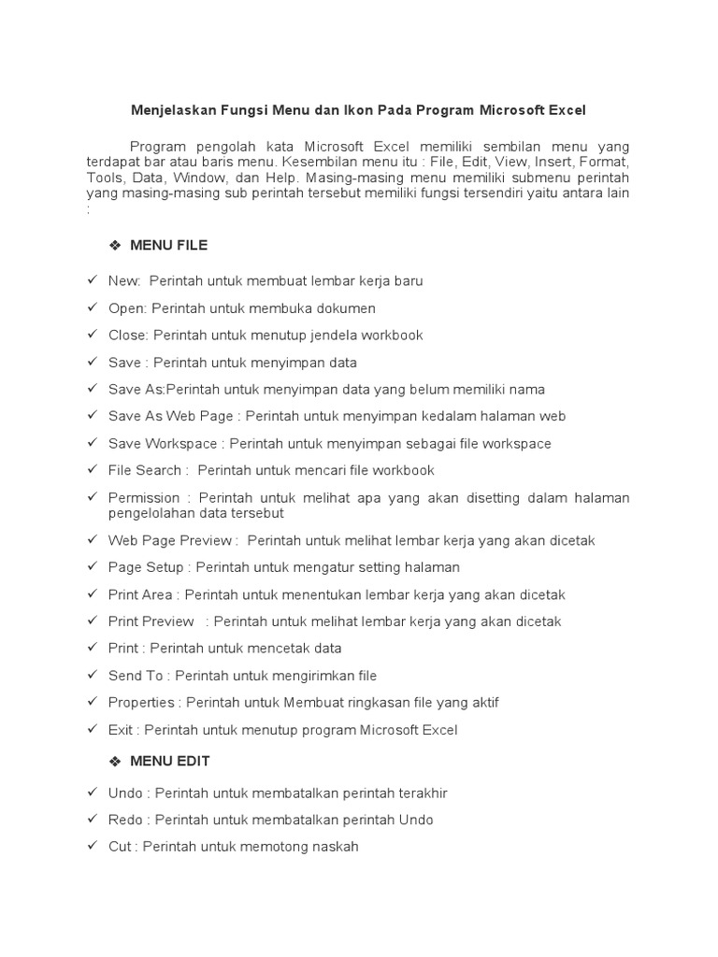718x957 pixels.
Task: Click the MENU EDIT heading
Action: pos(169,761)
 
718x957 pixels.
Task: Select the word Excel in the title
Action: pos(567,110)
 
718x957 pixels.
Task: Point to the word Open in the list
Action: pos(125,307)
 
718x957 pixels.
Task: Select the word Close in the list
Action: pos(127,335)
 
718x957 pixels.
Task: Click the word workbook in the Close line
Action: pos(392,335)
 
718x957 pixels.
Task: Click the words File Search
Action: pos(144,470)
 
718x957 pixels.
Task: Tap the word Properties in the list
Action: pos(141,702)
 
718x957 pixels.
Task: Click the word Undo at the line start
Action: pos(125,793)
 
